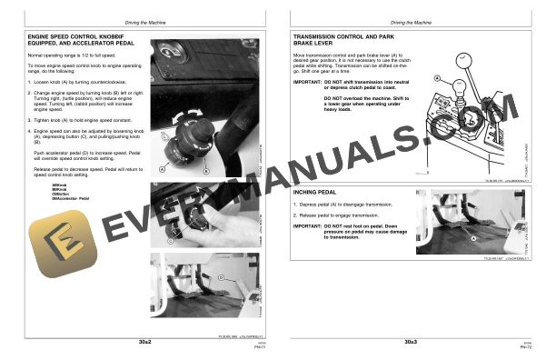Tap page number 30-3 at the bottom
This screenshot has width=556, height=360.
412,342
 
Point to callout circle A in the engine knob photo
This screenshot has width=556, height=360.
162,169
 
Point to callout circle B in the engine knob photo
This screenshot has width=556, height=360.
206,169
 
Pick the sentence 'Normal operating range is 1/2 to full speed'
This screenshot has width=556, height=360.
64,56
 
